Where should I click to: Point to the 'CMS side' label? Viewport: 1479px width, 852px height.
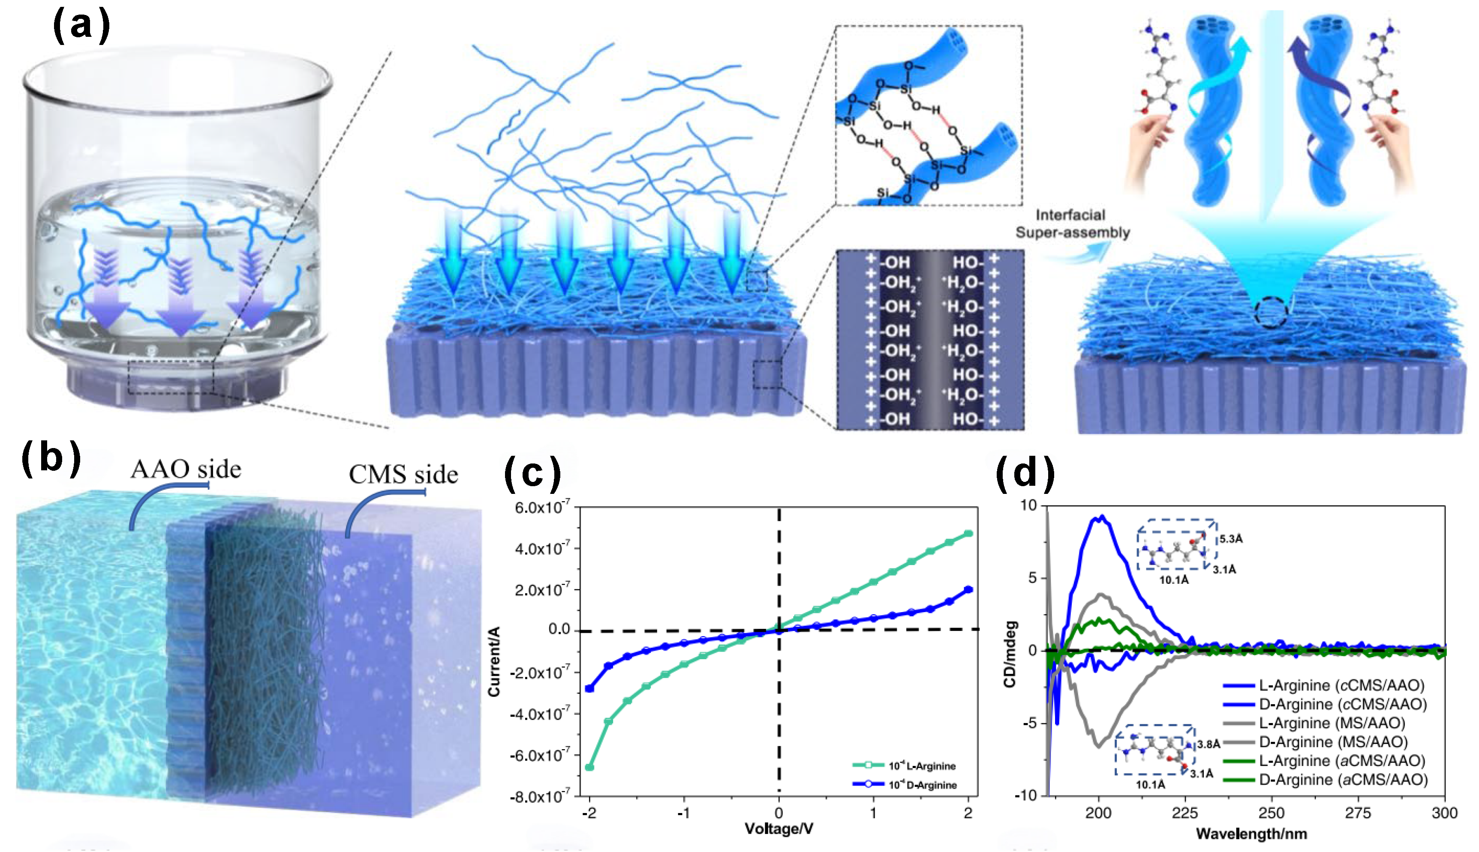pyautogui.click(x=403, y=475)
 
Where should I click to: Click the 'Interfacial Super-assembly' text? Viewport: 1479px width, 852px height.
pyautogui.click(x=1072, y=224)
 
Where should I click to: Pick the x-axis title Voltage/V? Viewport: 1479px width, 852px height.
pyautogui.click(x=779, y=828)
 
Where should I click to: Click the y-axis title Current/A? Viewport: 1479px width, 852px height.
pyautogui.click(x=494, y=661)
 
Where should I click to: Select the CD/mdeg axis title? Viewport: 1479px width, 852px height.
pyautogui.click(x=1010, y=654)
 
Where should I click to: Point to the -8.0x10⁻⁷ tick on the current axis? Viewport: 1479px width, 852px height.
pyautogui.click(x=542, y=796)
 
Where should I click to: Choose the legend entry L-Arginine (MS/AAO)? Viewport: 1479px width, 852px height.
pyautogui.click(x=1332, y=723)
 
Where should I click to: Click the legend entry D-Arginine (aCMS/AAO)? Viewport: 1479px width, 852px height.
pyautogui.click(x=1343, y=780)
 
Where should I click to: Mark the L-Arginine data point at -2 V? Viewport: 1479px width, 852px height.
pyautogui.click(x=589, y=767)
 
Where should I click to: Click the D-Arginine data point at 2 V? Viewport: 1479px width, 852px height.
pyautogui.click(x=968, y=589)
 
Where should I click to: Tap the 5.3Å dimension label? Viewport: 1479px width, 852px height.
pyautogui.click(x=1231, y=539)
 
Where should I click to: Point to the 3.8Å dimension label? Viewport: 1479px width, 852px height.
pyautogui.click(x=1208, y=744)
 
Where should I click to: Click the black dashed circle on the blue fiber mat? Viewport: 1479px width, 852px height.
pyautogui.click(x=1271, y=312)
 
